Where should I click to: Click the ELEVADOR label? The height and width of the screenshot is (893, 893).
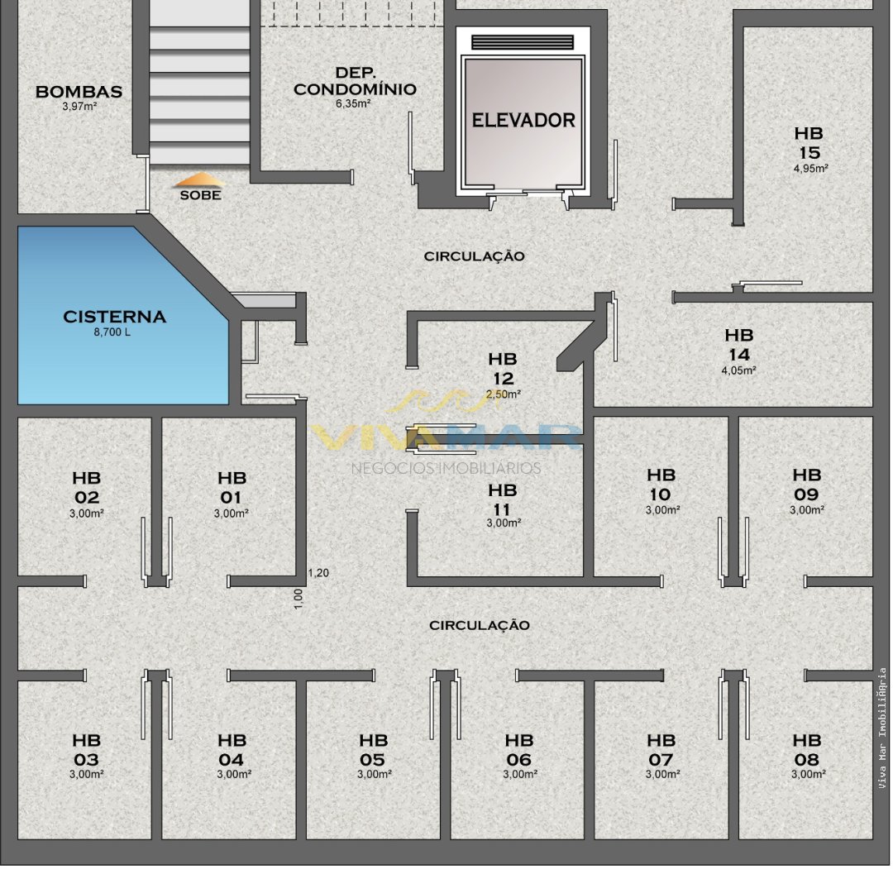[523, 120]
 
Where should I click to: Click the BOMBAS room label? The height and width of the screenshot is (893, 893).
[79, 91]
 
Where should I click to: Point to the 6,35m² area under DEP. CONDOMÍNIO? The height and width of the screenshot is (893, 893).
[353, 103]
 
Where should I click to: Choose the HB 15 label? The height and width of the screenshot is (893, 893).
[809, 143]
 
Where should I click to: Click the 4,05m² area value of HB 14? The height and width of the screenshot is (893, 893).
[738, 370]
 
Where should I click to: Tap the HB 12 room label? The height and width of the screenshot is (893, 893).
[503, 369]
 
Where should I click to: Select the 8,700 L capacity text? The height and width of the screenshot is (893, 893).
[112, 332]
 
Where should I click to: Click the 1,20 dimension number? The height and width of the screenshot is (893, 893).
[318, 573]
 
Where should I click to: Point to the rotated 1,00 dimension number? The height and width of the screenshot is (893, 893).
[298, 599]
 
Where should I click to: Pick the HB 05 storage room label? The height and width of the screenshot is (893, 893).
[373, 749]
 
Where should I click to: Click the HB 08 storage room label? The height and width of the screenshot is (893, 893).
[807, 749]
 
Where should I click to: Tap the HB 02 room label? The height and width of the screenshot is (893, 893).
[87, 488]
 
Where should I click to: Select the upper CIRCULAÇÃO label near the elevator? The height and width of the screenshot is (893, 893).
[474, 256]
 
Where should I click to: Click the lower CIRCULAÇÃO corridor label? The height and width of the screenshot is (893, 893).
[479, 625]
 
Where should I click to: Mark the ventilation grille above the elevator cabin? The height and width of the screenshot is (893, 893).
[523, 43]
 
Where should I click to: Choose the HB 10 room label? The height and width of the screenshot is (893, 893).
[661, 484]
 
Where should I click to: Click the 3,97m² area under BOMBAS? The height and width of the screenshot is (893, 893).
[79, 106]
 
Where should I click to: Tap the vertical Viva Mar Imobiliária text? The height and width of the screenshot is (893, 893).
[882, 728]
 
